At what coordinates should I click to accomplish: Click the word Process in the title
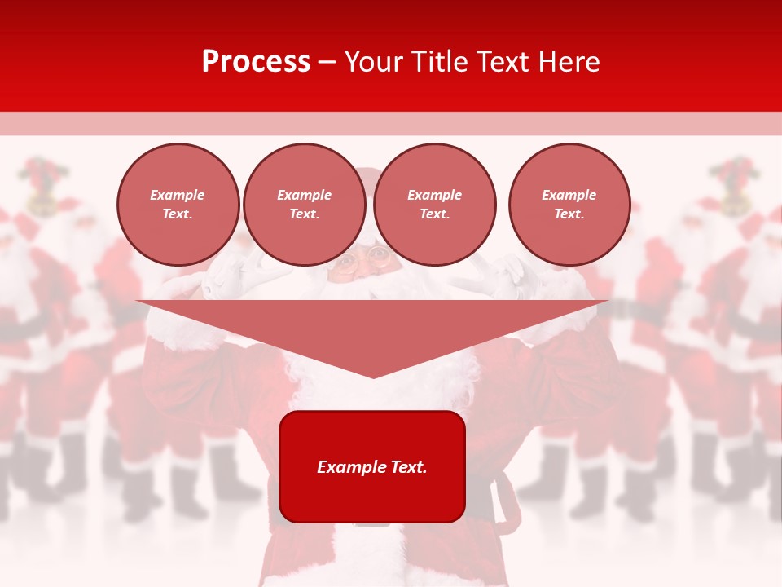coord(256,62)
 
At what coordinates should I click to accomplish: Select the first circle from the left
coord(178,205)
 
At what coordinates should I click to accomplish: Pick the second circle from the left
coord(305,205)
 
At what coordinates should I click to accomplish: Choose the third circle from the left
coord(434,205)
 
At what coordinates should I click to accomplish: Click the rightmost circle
coord(569,205)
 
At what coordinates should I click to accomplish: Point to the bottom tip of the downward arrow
coord(373,377)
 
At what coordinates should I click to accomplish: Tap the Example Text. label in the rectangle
coord(372,467)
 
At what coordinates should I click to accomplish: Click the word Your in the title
coord(375,62)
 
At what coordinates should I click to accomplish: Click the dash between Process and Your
coord(327,63)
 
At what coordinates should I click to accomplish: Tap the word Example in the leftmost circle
coord(178,195)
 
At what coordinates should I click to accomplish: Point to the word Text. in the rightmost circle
coord(569,214)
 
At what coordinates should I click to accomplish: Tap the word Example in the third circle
coord(434,195)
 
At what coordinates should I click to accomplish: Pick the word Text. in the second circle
coord(305,214)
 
